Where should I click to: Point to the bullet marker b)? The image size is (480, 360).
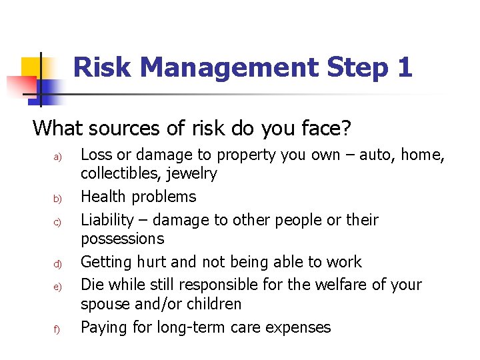point(57,199)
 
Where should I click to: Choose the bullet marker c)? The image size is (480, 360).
point(57,222)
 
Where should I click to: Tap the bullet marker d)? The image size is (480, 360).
point(57,264)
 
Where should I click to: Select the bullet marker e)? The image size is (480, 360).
point(57,287)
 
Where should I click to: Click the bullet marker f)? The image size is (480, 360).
point(57,329)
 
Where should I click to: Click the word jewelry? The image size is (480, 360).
point(193,174)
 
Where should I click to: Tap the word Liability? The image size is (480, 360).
point(107,220)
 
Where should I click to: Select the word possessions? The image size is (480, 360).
point(122,239)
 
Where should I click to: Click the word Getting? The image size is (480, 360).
point(106,262)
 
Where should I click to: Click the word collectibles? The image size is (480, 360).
point(121,174)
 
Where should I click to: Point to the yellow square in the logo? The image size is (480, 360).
point(31,67)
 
